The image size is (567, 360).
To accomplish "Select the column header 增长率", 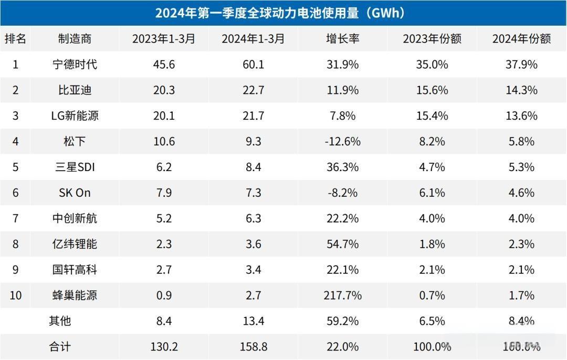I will pos(343,39).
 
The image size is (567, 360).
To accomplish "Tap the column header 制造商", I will pos(75,39).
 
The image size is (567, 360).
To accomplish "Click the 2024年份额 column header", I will pos(522,39).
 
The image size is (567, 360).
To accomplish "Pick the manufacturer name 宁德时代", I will pos(75,65).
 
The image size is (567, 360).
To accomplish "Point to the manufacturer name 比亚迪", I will pos(75,90).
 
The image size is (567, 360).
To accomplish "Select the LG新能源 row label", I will pos(75,116).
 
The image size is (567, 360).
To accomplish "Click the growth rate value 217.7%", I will pos(343,295).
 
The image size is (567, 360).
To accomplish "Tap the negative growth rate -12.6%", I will pos(343,142).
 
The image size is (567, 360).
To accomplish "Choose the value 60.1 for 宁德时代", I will pos(253,65).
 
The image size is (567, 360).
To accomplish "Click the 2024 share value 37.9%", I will pos(522,65).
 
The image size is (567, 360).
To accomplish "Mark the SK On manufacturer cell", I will pos(75,193).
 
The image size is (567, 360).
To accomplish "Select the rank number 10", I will pos(16,295).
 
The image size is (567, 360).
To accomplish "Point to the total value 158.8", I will pos(253,347).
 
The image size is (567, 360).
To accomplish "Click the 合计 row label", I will pos(59,347).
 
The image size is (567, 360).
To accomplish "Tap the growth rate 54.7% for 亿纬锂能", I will pos(343,244).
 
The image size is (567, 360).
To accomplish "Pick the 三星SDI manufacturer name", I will pos(75,167).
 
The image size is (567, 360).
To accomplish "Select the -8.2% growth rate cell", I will pos(343,193).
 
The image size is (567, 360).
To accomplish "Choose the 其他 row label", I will pos(59,321).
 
